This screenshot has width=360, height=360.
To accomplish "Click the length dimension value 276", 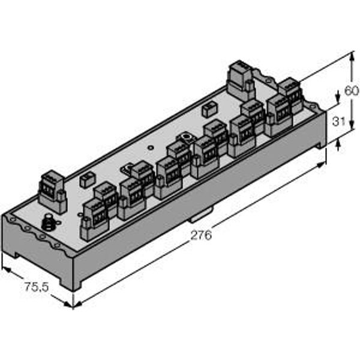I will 200,235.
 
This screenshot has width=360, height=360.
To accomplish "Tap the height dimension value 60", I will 351,91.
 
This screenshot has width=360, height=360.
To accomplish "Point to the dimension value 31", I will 338,121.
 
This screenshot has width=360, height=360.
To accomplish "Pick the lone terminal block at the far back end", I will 242,79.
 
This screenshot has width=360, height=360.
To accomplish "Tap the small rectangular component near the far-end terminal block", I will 209,110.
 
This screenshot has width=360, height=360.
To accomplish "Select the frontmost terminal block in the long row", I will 93,219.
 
